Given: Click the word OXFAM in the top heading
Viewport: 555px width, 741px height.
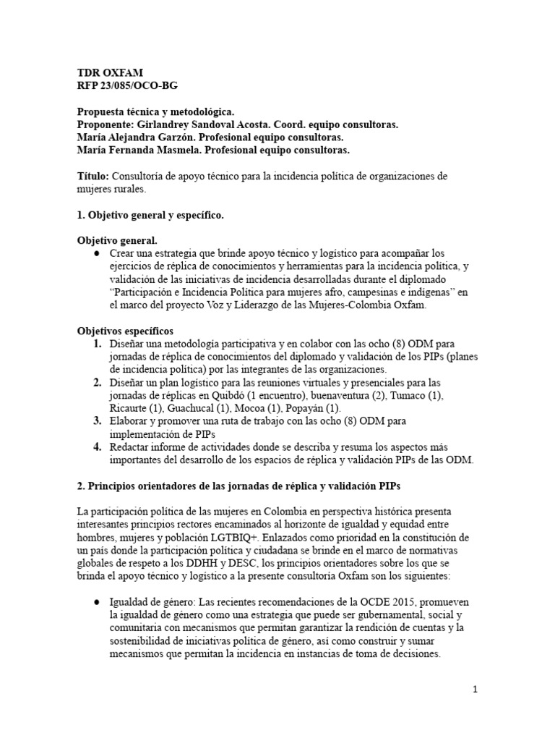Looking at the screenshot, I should pos(124,72).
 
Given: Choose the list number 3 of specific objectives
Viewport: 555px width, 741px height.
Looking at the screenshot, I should pos(97,421).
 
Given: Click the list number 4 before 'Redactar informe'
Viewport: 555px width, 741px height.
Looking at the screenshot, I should pos(97,447).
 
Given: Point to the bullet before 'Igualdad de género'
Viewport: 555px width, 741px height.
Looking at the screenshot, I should pos(97,602).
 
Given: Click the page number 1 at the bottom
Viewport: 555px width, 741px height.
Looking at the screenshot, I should pos(476,690).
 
